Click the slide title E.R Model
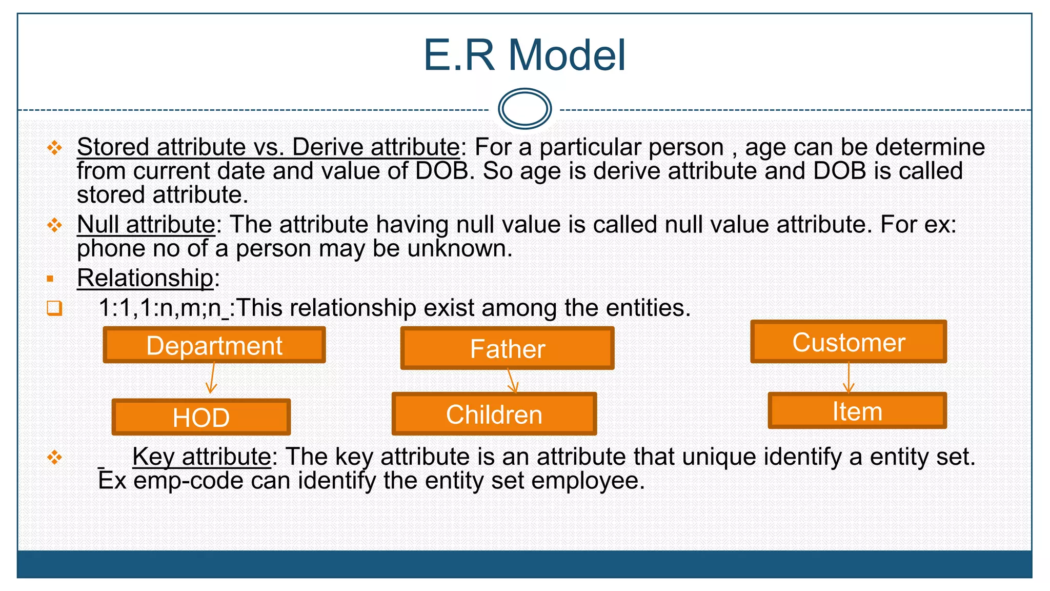tap(524, 55)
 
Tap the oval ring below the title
tap(524, 108)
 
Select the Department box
tap(214, 345)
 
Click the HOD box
tap(201, 417)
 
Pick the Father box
tap(508, 349)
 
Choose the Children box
tap(494, 414)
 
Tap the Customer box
tap(849, 342)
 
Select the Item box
tap(857, 411)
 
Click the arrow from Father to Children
tap(512, 381)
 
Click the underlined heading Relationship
tap(145, 278)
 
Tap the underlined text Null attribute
tap(146, 224)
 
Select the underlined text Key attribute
tap(201, 456)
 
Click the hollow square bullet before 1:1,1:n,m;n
tap(54, 308)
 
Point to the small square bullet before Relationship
tap(50, 279)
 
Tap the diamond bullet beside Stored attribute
tap(54, 148)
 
